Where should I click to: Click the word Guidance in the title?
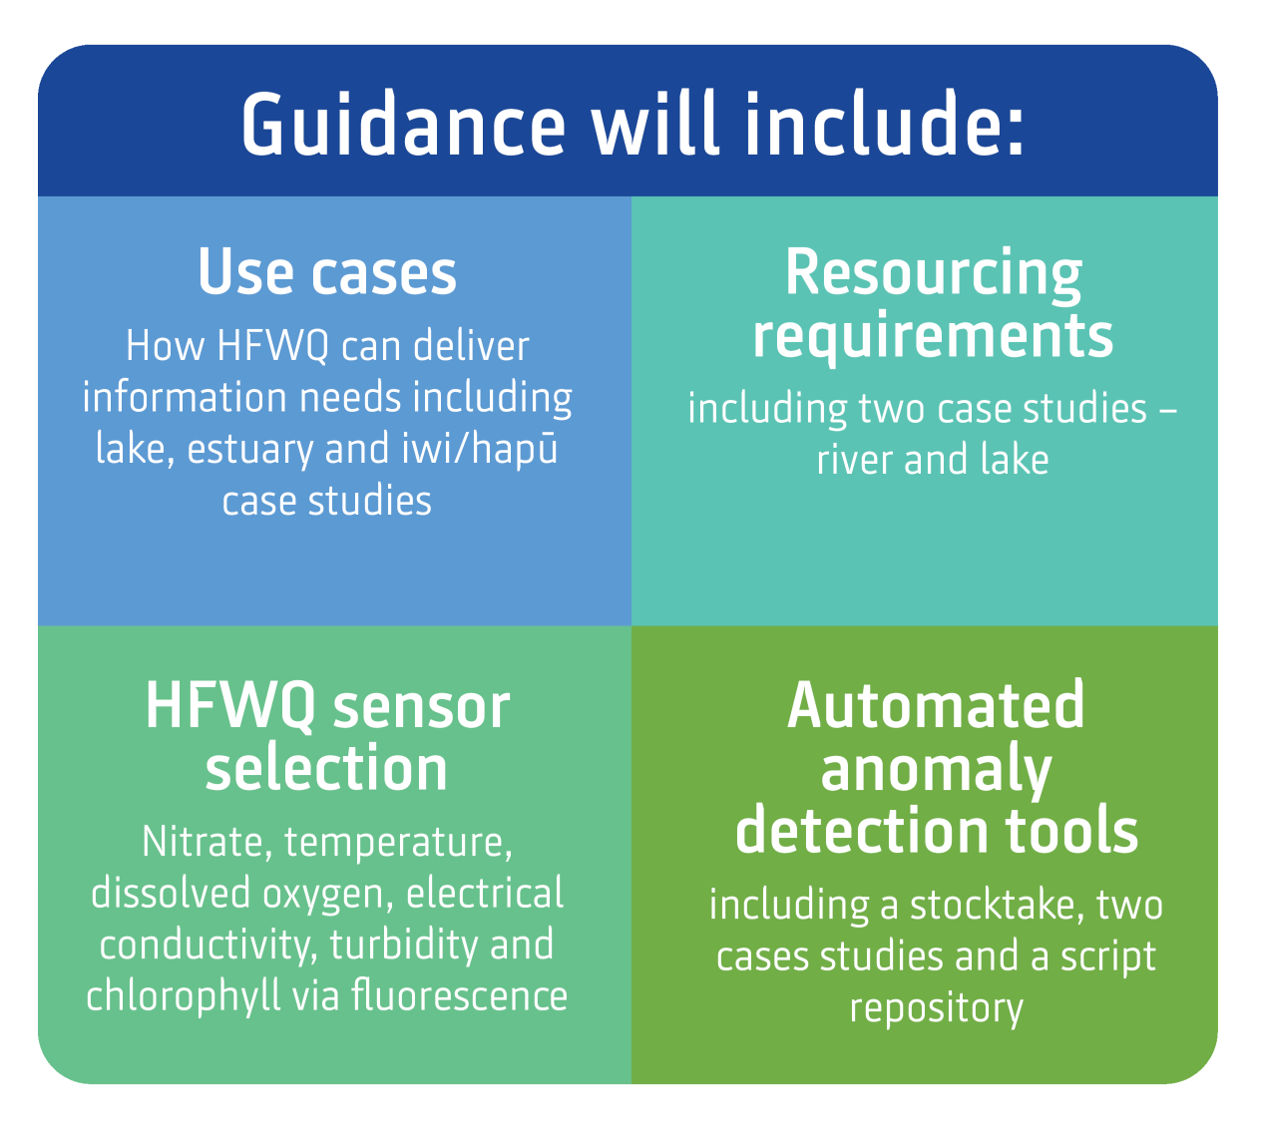coord(403,124)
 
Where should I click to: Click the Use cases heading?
coord(327,271)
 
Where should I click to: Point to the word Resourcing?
coord(934,275)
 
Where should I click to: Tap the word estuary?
coord(249,449)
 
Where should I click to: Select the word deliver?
coord(471,346)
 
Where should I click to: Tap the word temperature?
coord(398,844)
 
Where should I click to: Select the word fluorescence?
coord(460,995)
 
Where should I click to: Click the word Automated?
coord(936,706)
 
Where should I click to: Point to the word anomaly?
coord(936,772)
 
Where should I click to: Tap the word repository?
coord(937,1010)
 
